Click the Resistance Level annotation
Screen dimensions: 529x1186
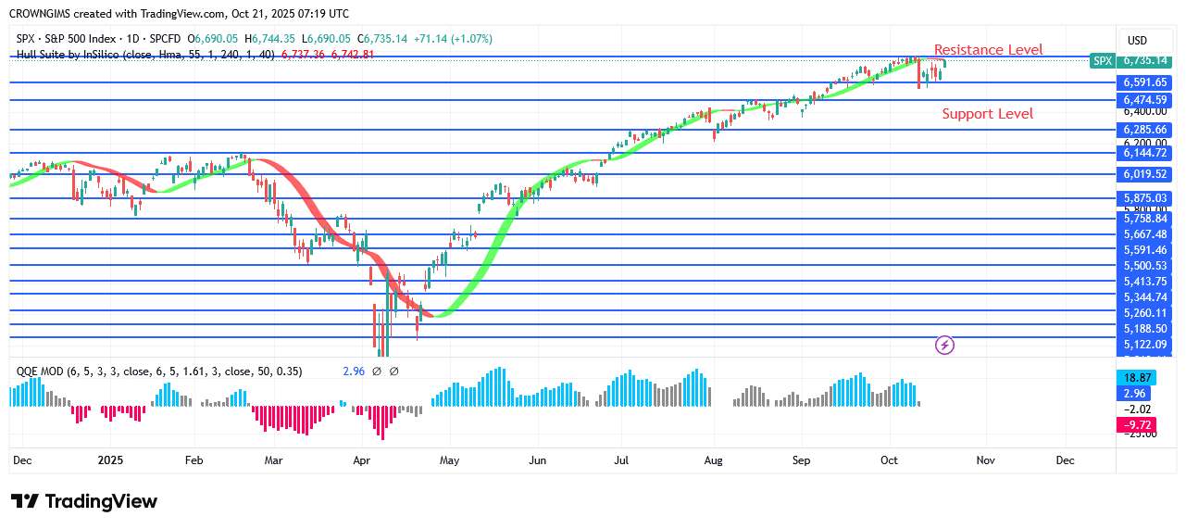[988, 50]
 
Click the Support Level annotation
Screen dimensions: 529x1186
[988, 114]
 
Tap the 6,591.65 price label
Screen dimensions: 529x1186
[1145, 82]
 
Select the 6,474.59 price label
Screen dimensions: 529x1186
[1145, 99]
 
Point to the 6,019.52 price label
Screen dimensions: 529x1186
[1145, 174]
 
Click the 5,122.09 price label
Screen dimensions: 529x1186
[1145, 345]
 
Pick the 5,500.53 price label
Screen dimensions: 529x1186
[1145, 266]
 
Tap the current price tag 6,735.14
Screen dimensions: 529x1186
[1145, 60]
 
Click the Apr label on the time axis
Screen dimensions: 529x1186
[362, 460]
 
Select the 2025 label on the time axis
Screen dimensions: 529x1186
[110, 460]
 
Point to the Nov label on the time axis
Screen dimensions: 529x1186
[985, 460]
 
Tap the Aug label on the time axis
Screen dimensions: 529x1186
[713, 460]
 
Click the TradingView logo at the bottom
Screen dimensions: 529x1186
[84, 501]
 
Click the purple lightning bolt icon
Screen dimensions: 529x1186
[945, 346]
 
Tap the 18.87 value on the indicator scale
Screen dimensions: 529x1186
[1137, 378]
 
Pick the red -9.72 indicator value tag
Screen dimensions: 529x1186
[1137, 424]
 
